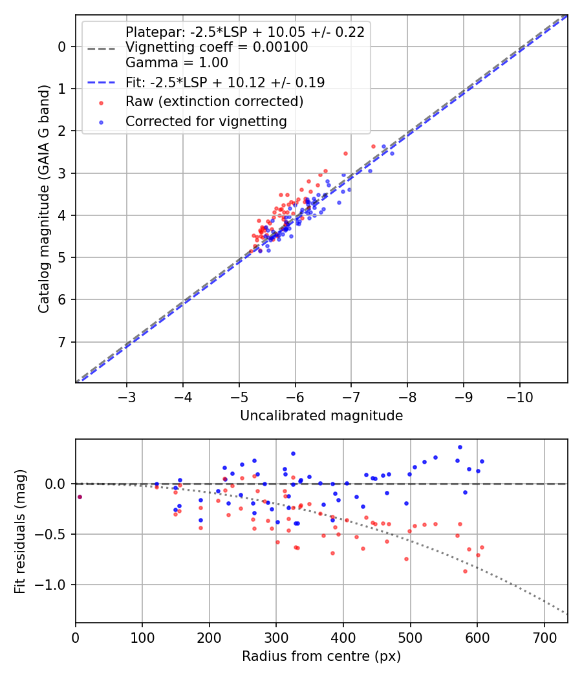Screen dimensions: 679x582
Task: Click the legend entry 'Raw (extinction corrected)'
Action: coord(214,102)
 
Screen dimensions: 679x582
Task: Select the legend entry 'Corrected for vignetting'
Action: coord(206,121)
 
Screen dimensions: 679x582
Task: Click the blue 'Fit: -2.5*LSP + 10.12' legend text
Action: coord(224,82)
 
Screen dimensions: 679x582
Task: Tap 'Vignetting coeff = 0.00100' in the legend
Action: coord(217,47)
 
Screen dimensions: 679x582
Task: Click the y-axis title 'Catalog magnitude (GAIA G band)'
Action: coord(43,199)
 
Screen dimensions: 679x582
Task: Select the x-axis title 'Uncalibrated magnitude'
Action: coord(321,416)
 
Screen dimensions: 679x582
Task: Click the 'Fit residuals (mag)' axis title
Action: coord(20,532)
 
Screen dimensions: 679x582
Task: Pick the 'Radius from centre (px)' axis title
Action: coord(321,656)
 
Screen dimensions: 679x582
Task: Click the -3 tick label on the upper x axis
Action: coord(127,396)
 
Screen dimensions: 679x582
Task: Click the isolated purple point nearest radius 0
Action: coord(80,497)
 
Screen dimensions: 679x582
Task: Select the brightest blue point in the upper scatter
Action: coord(392,153)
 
